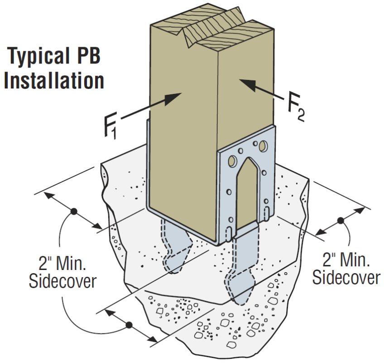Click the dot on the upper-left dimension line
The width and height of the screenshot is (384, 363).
tap(73, 211)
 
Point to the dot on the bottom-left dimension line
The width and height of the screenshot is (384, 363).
tap(129, 325)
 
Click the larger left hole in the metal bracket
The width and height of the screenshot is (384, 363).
tap(232, 161)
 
